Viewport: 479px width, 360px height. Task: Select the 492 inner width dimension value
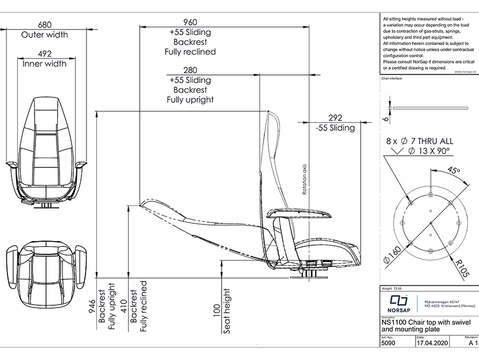[x=44, y=53]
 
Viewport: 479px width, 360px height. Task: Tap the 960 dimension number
[x=190, y=22]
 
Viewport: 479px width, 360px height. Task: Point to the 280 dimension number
[x=190, y=70]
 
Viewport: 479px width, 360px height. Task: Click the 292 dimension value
[x=335, y=118]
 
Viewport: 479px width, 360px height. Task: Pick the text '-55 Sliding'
[x=335, y=127]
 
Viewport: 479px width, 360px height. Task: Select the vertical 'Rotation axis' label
[x=304, y=179]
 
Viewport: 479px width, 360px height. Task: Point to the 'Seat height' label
[x=227, y=312]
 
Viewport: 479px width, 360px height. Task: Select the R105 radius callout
[x=461, y=268]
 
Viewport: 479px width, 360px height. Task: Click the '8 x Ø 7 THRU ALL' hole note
[x=420, y=141]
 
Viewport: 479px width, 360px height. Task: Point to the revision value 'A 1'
[x=472, y=343]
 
